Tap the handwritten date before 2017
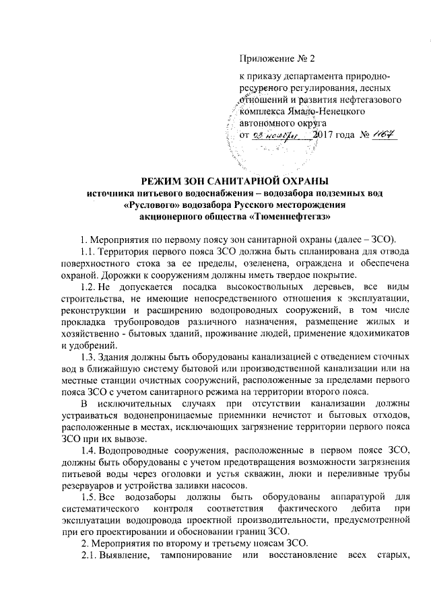284,137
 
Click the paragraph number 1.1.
86,251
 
